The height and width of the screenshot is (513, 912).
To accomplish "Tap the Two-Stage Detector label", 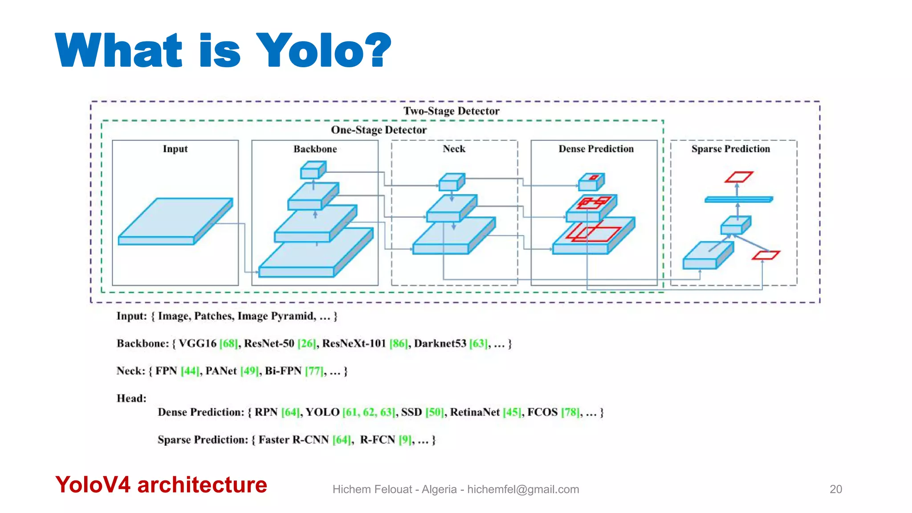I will (x=451, y=111).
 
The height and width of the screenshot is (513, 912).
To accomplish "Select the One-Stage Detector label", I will (x=379, y=130).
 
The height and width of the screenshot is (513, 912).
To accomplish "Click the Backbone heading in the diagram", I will (x=315, y=149).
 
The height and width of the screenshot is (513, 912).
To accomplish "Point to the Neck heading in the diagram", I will (x=454, y=149).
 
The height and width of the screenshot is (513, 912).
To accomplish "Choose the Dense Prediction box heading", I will (x=596, y=149).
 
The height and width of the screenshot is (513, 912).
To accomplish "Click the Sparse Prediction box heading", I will (x=730, y=149).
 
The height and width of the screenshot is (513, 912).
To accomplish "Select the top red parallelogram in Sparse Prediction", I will (x=738, y=177).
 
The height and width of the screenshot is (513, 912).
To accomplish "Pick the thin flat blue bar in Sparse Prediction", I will (x=738, y=199).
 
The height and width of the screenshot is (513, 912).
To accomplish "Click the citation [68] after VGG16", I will (x=228, y=344).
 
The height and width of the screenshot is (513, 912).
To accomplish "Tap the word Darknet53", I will (x=440, y=344).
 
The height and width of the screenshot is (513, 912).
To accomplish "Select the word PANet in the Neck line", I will (x=221, y=371).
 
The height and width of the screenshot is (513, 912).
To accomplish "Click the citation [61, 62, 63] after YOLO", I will (x=369, y=412).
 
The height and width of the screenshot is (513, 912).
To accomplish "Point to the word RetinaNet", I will (x=475, y=412).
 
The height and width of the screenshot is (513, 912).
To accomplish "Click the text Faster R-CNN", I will (x=293, y=440).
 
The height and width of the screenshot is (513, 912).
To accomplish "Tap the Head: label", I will (x=131, y=399).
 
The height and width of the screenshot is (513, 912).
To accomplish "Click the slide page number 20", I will (x=835, y=489).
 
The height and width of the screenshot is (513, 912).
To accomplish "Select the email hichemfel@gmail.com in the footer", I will (x=523, y=489).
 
